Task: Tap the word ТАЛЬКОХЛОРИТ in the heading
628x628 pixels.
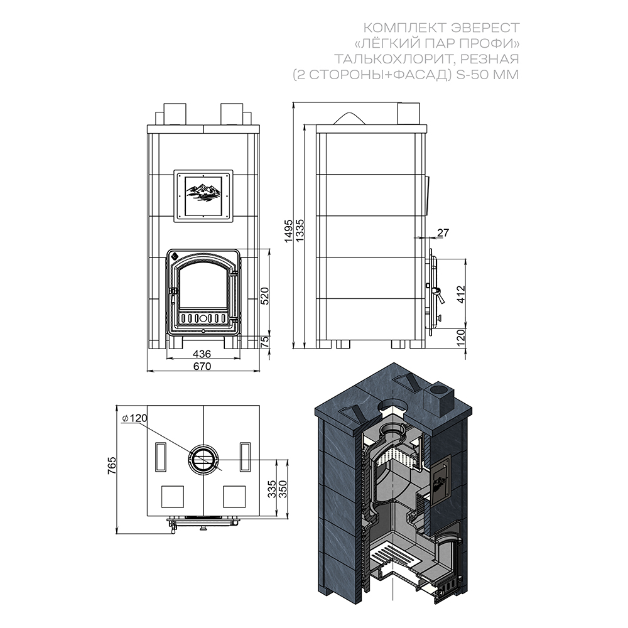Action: click(x=394, y=59)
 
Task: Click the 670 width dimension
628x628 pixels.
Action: click(x=202, y=366)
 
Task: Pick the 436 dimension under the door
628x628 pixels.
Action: click(x=202, y=354)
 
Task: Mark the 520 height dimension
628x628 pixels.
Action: click(x=264, y=296)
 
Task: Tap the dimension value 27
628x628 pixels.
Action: click(x=443, y=232)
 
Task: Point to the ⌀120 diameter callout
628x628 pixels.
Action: click(x=134, y=418)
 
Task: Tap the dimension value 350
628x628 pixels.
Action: click(x=283, y=489)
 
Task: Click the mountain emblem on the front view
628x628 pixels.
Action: click(x=203, y=192)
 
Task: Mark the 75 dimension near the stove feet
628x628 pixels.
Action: click(x=265, y=341)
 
